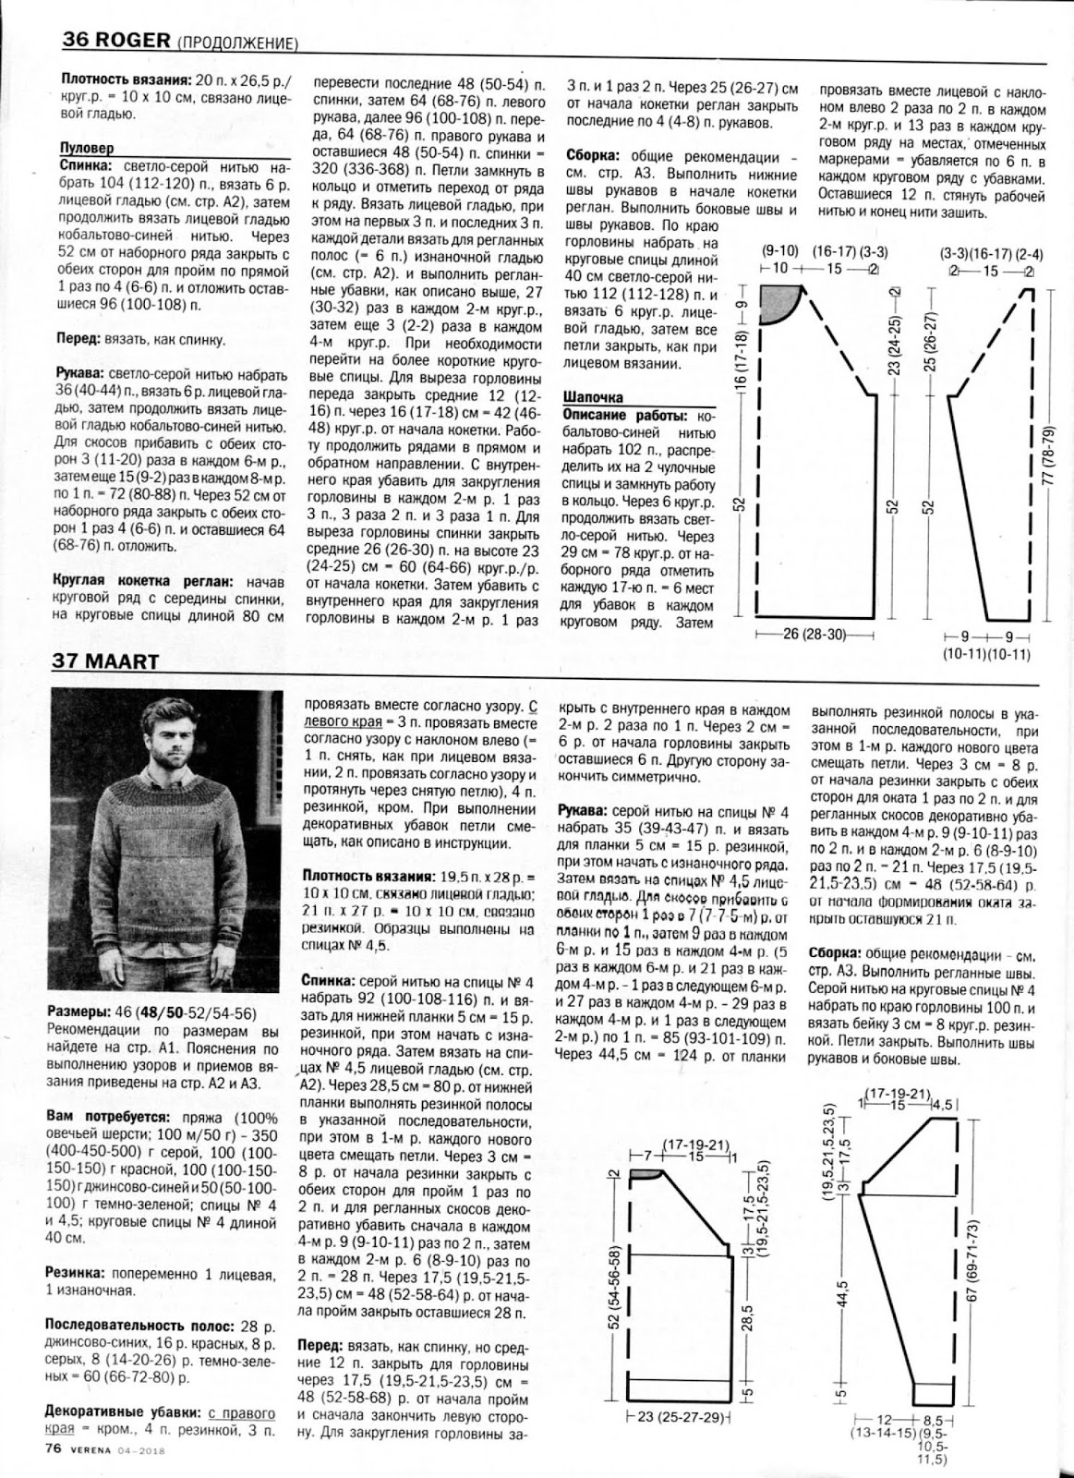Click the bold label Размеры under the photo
76,1013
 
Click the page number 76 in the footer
53,1448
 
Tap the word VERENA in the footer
93,1449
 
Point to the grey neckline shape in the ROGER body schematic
781,302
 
